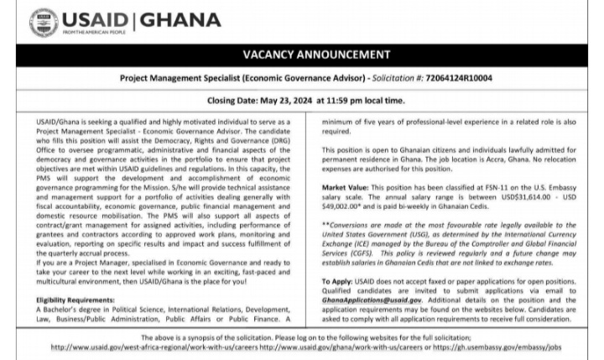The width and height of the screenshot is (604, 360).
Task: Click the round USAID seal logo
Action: [x=43, y=23]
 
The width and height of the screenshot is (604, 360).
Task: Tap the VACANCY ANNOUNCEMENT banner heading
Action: [x=310, y=55]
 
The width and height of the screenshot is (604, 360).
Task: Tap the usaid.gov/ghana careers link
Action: [x=353, y=346]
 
